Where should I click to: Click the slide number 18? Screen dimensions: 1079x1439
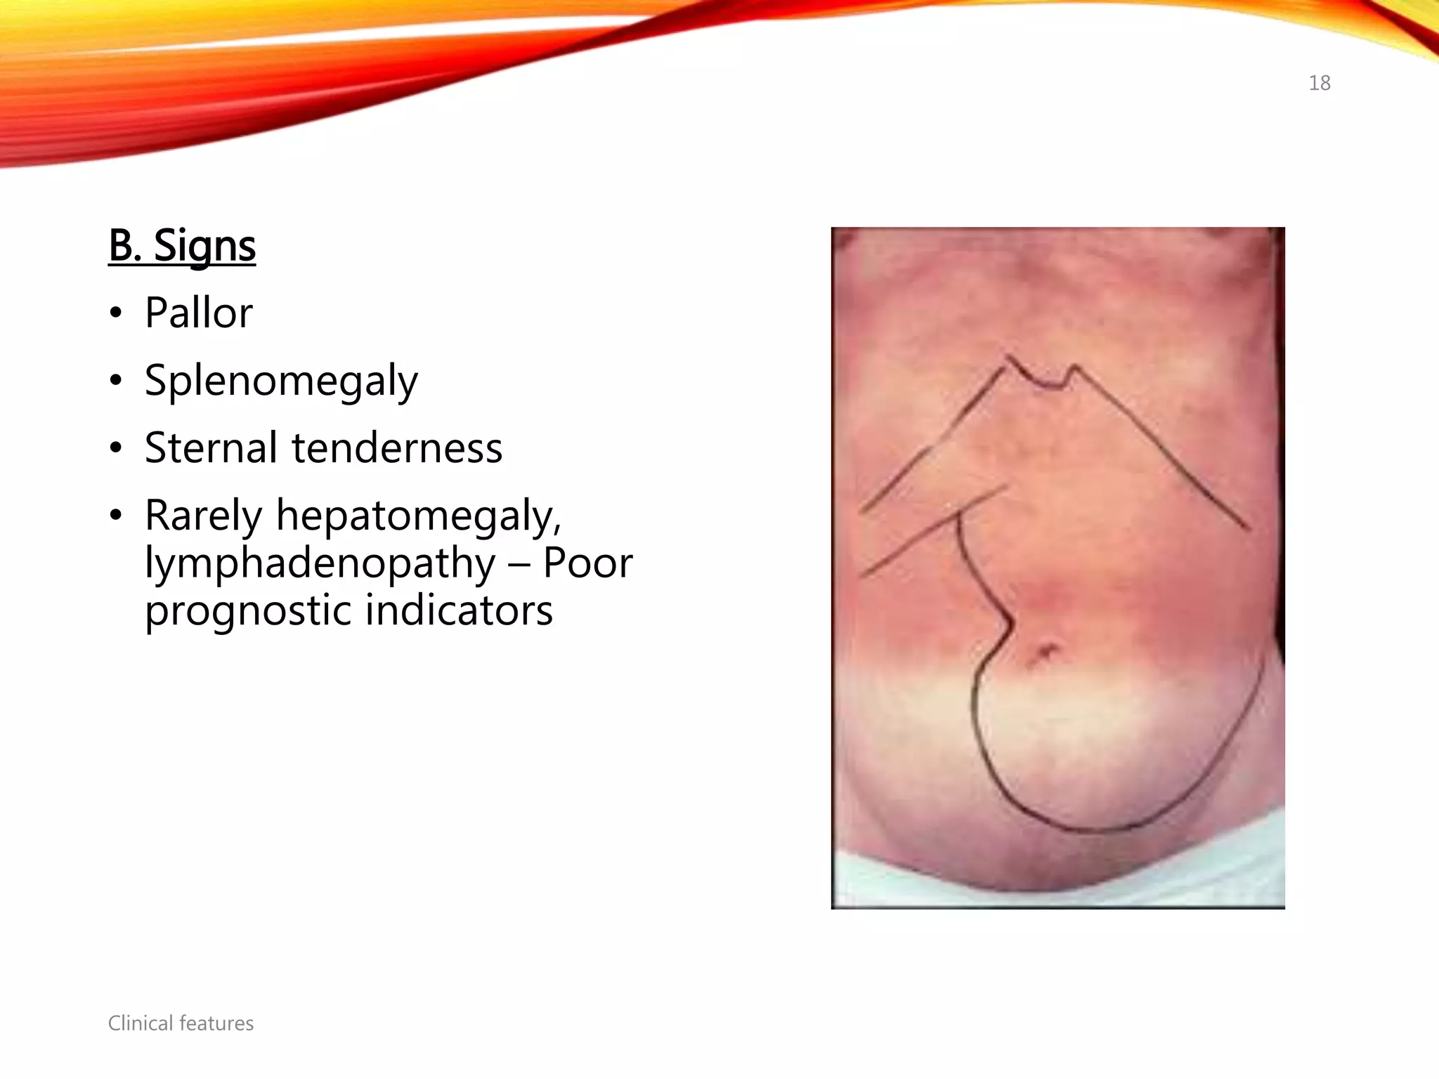click(1319, 83)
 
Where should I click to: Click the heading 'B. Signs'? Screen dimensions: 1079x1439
click(182, 246)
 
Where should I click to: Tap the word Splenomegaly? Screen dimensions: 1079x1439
click(281, 381)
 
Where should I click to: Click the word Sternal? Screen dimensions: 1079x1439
click(211, 447)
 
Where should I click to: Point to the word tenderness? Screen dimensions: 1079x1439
click(397, 447)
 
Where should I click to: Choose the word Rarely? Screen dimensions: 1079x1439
click(203, 515)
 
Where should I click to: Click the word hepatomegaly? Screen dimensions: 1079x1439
click(419, 516)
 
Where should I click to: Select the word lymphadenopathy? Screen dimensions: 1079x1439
click(320, 563)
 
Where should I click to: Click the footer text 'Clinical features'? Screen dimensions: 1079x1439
click(181, 1023)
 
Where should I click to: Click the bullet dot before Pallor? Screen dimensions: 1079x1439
click(116, 314)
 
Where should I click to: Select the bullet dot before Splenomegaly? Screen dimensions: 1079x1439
click(116, 381)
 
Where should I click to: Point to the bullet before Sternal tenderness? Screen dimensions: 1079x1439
click(116, 449)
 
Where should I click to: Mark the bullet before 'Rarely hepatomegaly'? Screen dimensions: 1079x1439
click(116, 516)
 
